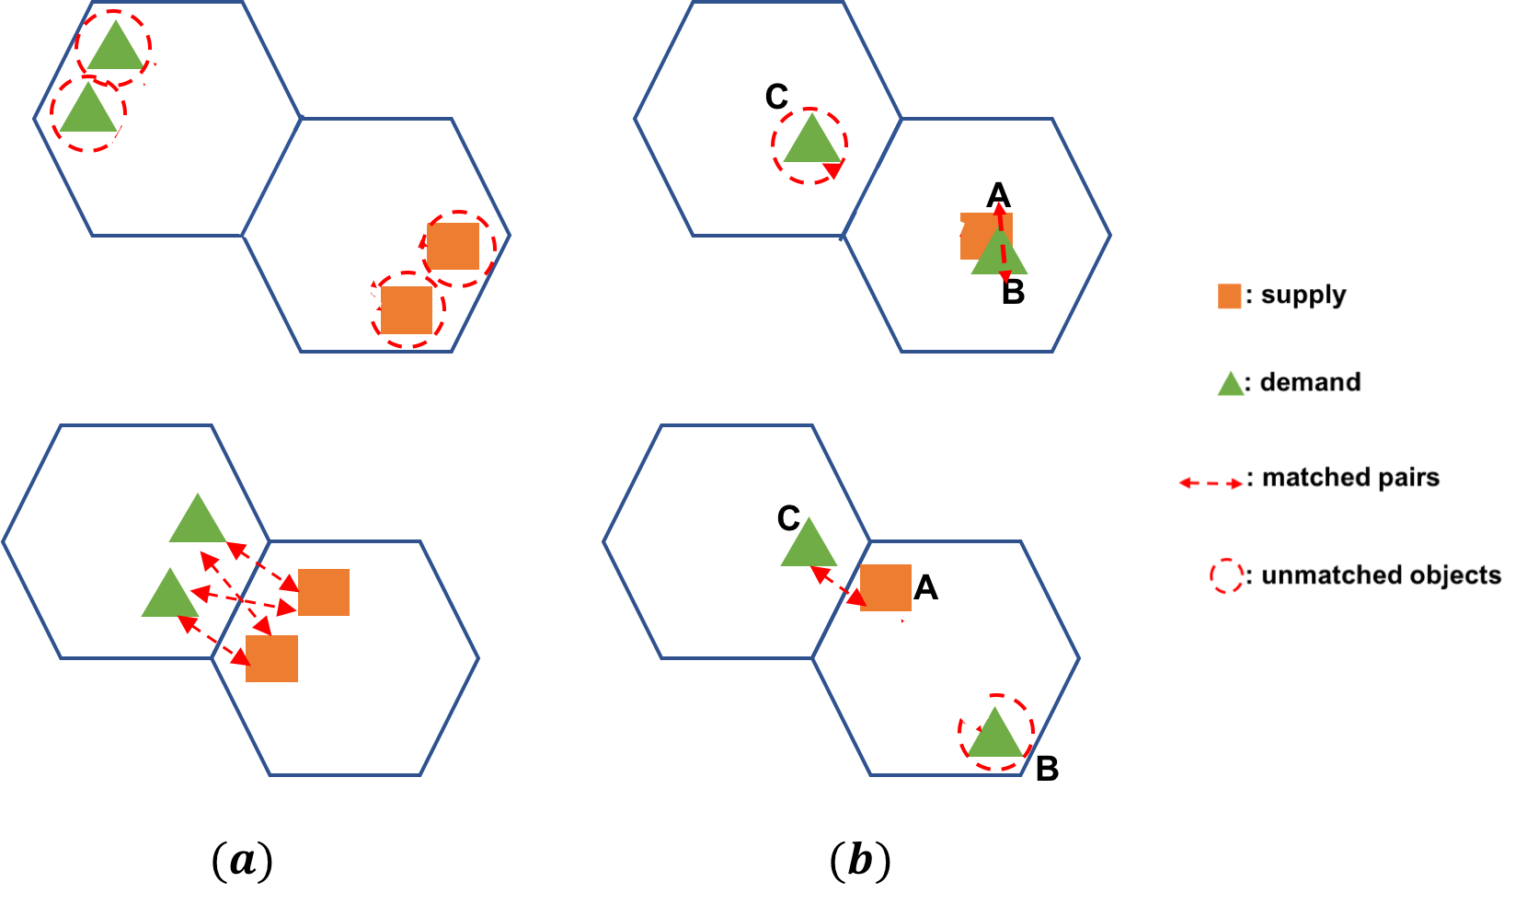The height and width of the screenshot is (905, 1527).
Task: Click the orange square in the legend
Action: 1229,296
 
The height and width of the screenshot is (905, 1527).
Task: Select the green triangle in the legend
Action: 1231,386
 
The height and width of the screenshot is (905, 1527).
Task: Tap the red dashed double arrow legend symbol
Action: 1211,483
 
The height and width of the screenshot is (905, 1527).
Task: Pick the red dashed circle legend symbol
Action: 1227,576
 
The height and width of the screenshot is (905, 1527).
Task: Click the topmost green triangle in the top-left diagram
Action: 115,49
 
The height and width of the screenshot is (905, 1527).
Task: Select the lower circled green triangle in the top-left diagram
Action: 88,111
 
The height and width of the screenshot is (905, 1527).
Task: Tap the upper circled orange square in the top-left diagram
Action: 454,246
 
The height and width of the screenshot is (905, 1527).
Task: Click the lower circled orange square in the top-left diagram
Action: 407,310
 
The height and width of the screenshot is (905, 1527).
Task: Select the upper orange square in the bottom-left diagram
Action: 324,592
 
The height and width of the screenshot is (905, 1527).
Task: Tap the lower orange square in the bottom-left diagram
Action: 271,658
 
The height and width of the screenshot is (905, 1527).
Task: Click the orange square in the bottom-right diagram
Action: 886,587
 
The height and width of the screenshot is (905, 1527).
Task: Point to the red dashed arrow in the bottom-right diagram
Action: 838,586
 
